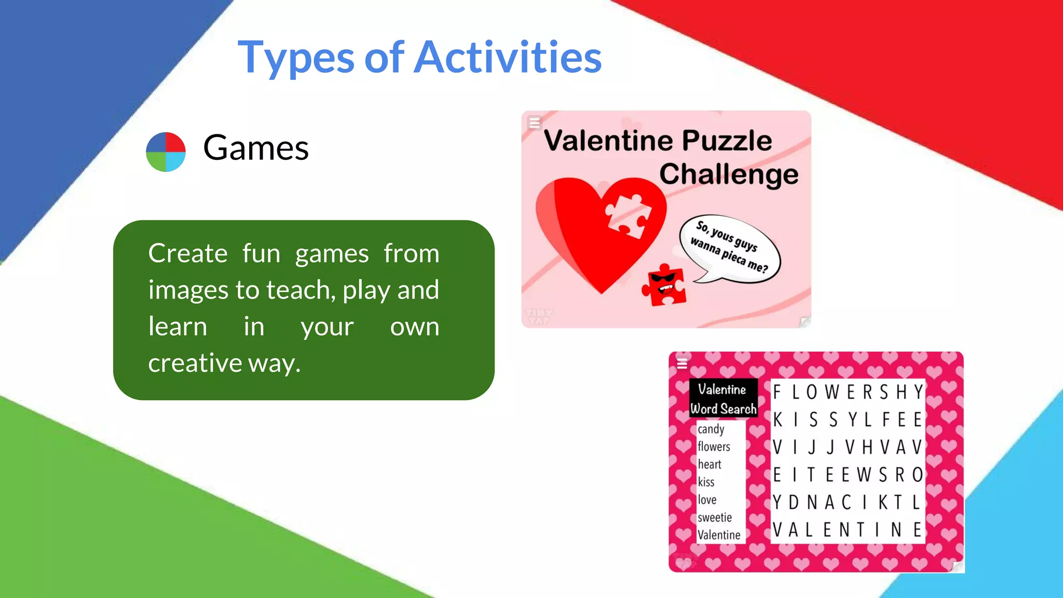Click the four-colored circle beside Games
[x=166, y=152]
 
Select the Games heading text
[x=256, y=148]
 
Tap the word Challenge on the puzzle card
[x=728, y=174]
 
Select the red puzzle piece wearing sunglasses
[x=664, y=286]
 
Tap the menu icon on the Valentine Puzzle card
[x=534, y=123]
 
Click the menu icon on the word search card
[x=682, y=363]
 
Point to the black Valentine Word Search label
[x=723, y=399]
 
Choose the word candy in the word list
[x=711, y=429]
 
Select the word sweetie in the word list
[x=715, y=518]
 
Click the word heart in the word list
[x=710, y=464]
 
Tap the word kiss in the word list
[x=706, y=482]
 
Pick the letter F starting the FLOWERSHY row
[x=777, y=392]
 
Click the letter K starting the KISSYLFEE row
[x=778, y=419]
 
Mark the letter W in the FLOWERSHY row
[x=832, y=392]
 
